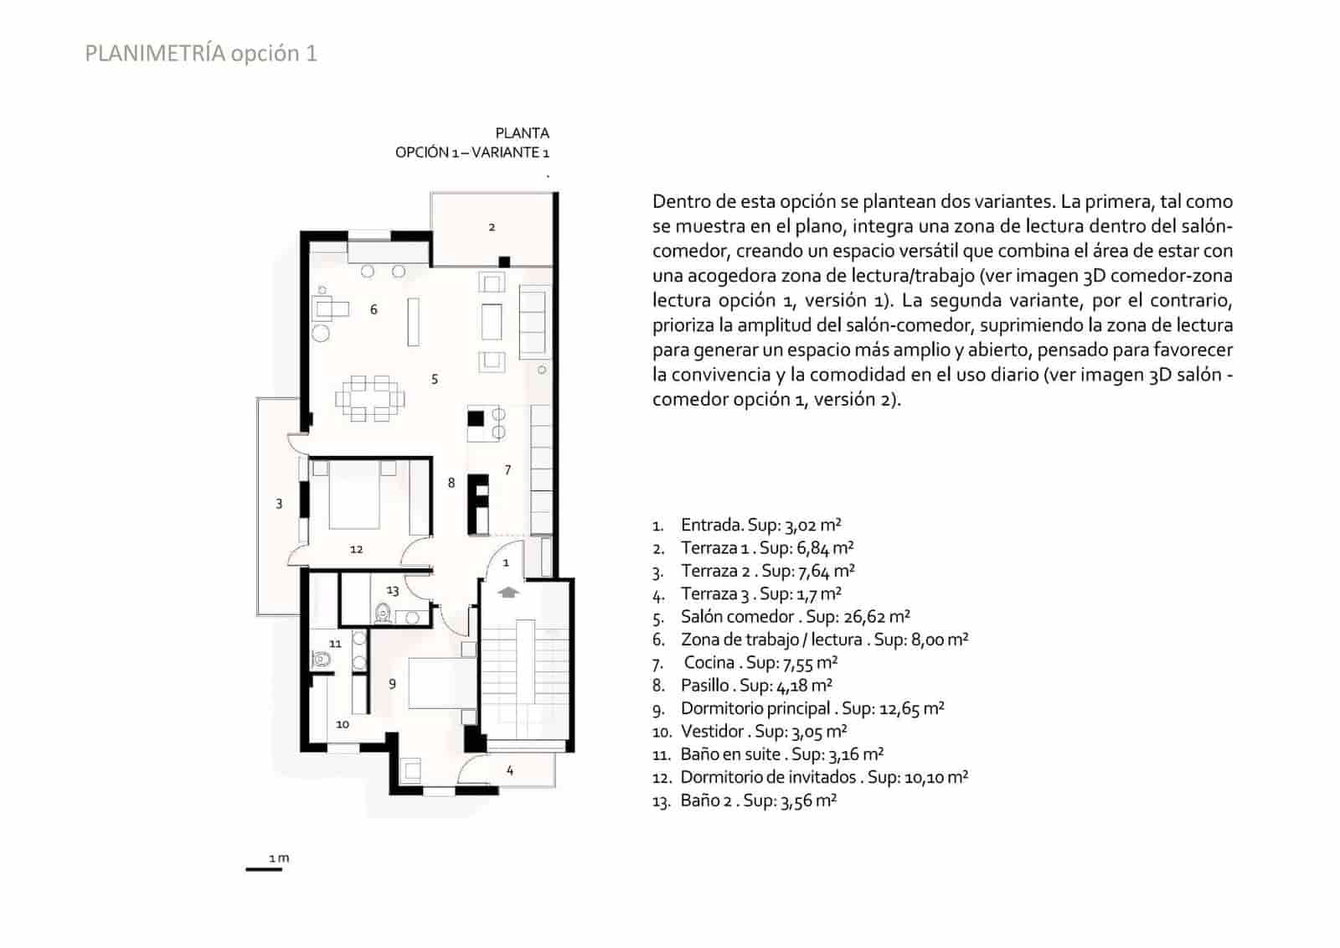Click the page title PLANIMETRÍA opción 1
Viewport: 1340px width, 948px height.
[201, 53]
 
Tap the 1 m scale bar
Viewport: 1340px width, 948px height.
[264, 868]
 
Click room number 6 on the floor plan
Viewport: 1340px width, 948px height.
[374, 309]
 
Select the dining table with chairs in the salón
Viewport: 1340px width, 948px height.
[370, 399]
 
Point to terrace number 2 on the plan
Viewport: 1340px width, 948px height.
[492, 227]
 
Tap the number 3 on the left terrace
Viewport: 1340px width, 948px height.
[279, 504]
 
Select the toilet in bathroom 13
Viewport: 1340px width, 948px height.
[384, 614]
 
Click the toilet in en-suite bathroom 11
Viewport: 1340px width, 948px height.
[322, 660]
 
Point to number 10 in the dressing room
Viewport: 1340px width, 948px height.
[343, 724]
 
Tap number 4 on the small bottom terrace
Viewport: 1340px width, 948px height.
[509, 770]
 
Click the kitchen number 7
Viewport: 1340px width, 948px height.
[508, 469]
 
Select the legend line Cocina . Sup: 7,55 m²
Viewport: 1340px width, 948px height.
[760, 662]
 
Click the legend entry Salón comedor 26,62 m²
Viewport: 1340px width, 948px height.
[795, 617]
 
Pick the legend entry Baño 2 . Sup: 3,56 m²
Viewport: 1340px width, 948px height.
[758, 800]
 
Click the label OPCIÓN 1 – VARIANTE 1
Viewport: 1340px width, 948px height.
[472, 153]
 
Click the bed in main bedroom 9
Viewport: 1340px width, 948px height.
[441, 681]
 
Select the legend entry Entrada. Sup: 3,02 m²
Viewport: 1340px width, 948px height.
[760, 526]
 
